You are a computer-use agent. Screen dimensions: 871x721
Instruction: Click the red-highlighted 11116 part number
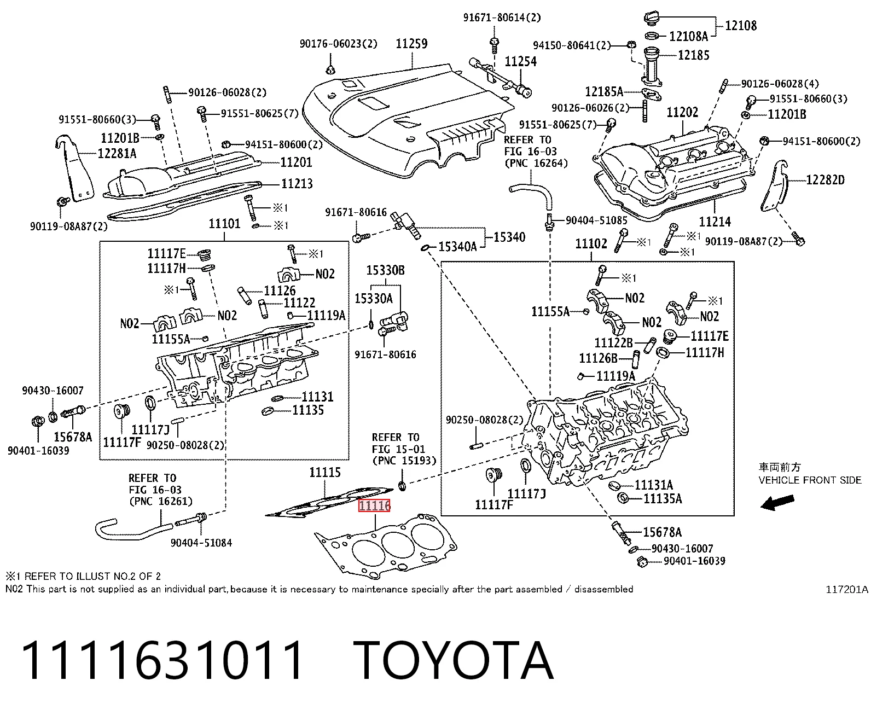(374, 505)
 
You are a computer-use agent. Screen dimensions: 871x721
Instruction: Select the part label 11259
(411, 43)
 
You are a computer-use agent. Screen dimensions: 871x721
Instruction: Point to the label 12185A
(604, 91)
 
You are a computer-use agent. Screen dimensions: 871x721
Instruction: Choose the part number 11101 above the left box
(224, 224)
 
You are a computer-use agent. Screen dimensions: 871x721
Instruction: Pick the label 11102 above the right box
(591, 243)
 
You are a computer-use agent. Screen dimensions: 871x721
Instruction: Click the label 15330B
(386, 270)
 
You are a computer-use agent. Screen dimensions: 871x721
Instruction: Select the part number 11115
(325, 472)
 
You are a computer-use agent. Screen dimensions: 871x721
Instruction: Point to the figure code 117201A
(847, 589)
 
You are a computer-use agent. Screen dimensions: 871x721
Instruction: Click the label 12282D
(825, 180)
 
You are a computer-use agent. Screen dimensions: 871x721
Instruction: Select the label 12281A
(117, 154)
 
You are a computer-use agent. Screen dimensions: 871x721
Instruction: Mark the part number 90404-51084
(201, 543)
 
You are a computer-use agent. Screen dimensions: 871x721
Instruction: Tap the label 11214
(715, 222)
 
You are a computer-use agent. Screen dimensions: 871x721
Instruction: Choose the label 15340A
(457, 247)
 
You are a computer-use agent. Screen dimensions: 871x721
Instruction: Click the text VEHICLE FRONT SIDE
(810, 480)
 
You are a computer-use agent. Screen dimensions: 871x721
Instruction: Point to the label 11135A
(663, 498)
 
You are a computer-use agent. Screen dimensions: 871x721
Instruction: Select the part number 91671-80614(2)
(502, 18)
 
